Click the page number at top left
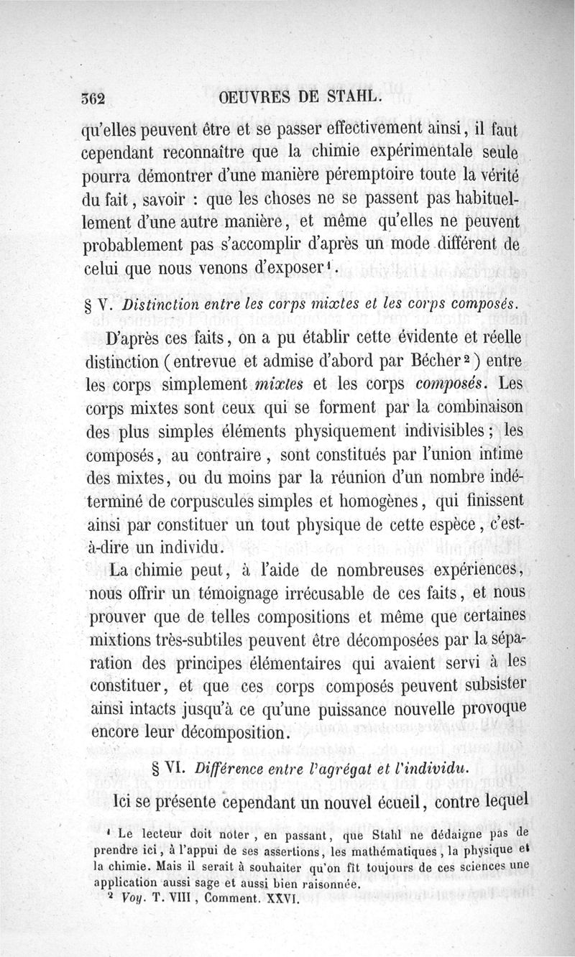coord(93,99)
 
